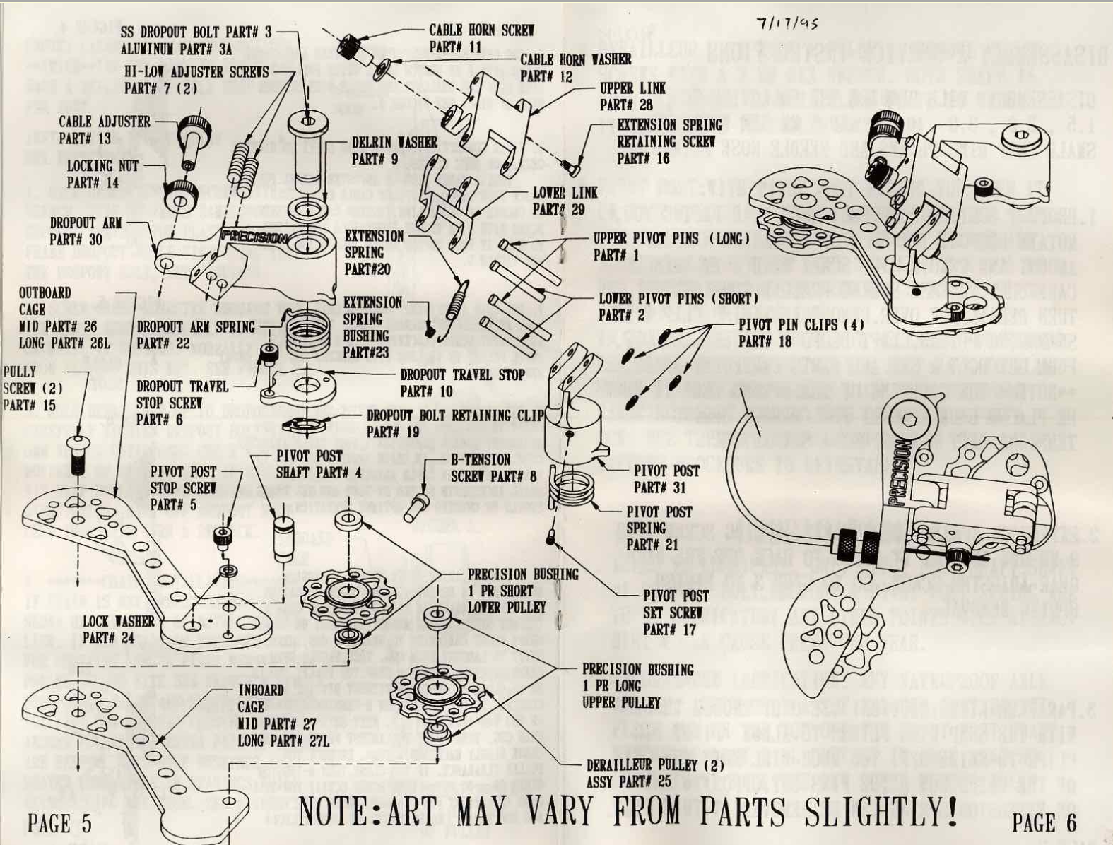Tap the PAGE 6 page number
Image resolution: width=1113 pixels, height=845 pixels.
pos(1044,822)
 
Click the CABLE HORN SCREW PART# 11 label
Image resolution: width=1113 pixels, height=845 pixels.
pos(481,38)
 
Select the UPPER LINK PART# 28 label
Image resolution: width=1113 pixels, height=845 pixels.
pos(627,97)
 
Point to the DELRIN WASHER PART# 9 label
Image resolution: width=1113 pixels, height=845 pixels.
pos(394,150)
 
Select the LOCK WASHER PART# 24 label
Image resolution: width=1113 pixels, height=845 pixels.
pos(118,629)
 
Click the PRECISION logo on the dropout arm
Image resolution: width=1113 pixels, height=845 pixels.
pos(253,237)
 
